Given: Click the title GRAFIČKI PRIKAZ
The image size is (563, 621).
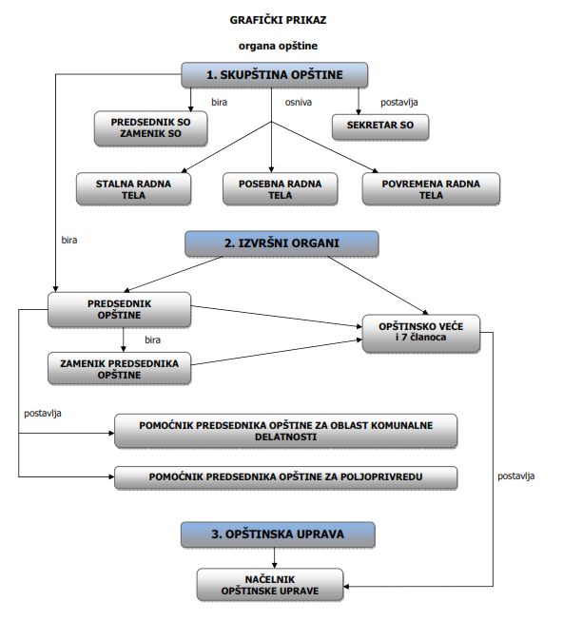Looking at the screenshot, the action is (278, 20).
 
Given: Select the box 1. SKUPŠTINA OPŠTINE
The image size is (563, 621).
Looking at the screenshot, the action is (275, 74).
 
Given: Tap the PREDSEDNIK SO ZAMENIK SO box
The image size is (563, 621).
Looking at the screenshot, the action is (151, 128).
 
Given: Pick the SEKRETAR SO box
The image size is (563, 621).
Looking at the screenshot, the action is (380, 126).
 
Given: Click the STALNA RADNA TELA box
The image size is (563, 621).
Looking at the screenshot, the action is (133, 189).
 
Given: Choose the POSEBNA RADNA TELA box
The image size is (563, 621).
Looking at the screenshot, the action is (281, 189).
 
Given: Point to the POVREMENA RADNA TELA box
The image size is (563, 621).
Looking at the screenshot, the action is (431, 189).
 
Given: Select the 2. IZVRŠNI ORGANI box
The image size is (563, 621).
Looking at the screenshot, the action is (281, 243).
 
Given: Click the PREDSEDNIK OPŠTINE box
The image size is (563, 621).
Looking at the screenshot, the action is (119, 309).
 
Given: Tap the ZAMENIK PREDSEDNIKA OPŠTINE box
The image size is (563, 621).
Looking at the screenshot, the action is (119, 368).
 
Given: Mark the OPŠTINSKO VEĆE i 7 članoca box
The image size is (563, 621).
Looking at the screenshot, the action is (421, 333).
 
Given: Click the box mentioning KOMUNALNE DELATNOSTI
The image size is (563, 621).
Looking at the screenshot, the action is (285, 431).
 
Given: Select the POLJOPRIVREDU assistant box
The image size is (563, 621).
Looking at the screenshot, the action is (285, 477).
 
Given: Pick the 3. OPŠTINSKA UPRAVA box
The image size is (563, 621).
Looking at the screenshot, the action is (278, 534).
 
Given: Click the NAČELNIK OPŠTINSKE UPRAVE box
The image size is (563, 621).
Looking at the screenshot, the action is (270, 585).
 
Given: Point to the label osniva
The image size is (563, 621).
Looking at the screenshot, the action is (298, 102).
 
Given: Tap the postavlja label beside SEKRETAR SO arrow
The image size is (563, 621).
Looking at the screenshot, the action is (399, 103).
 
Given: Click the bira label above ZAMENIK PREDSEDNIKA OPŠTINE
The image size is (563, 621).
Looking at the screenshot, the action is (152, 340).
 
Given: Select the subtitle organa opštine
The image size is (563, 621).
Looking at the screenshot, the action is (278, 47).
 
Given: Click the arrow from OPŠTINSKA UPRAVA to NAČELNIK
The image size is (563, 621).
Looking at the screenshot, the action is (275, 558).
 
